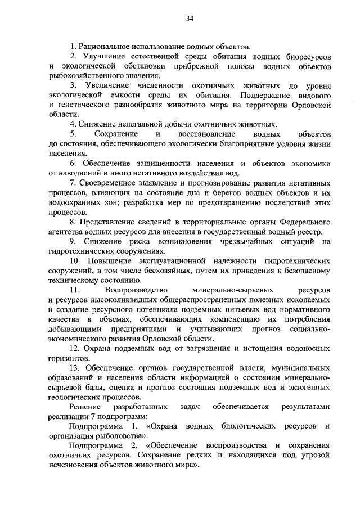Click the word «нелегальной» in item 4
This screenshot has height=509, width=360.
click(x=130, y=124)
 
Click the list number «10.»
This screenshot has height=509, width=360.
click(x=75, y=261)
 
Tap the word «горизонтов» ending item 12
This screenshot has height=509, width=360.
click(x=69, y=358)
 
